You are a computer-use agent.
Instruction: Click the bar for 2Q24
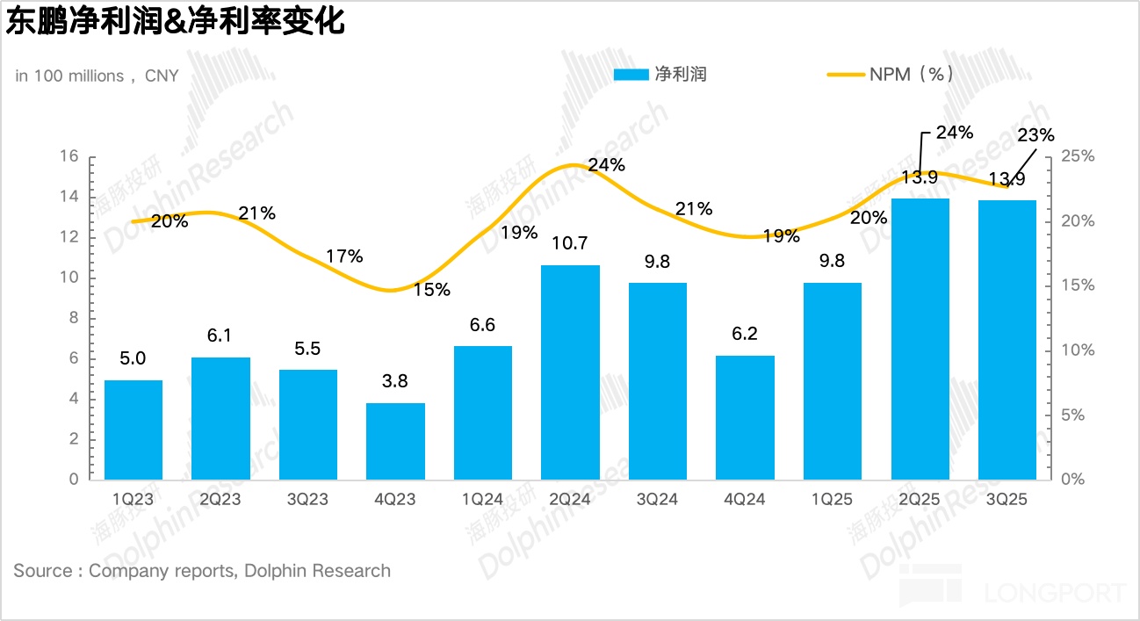pyautogui.click(x=570, y=372)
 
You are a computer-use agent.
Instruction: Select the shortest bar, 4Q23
pyautogui.click(x=395, y=441)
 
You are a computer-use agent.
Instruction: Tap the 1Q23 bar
pyautogui.click(x=133, y=430)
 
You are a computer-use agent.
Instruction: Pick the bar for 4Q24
pyautogui.click(x=745, y=417)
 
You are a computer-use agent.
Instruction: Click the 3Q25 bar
pyautogui.click(x=1007, y=339)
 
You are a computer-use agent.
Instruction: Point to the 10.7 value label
pyautogui.click(x=570, y=243)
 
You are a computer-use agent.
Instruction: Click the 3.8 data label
pyautogui.click(x=395, y=381)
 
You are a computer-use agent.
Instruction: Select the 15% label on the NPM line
pyautogui.click(x=432, y=289)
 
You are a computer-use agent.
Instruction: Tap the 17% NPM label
pyautogui.click(x=344, y=256)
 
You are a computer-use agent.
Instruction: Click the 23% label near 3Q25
pyautogui.click(x=1035, y=134)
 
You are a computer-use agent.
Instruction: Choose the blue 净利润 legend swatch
pyautogui.click(x=630, y=75)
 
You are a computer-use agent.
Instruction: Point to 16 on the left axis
pyautogui.click(x=69, y=156)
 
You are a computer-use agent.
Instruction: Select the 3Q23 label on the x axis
pyautogui.click(x=307, y=499)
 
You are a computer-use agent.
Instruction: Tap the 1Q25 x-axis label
pyautogui.click(x=832, y=499)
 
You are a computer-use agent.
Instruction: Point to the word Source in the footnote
pyautogui.click(x=43, y=571)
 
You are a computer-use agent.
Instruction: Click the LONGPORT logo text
pyautogui.click(x=1054, y=593)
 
